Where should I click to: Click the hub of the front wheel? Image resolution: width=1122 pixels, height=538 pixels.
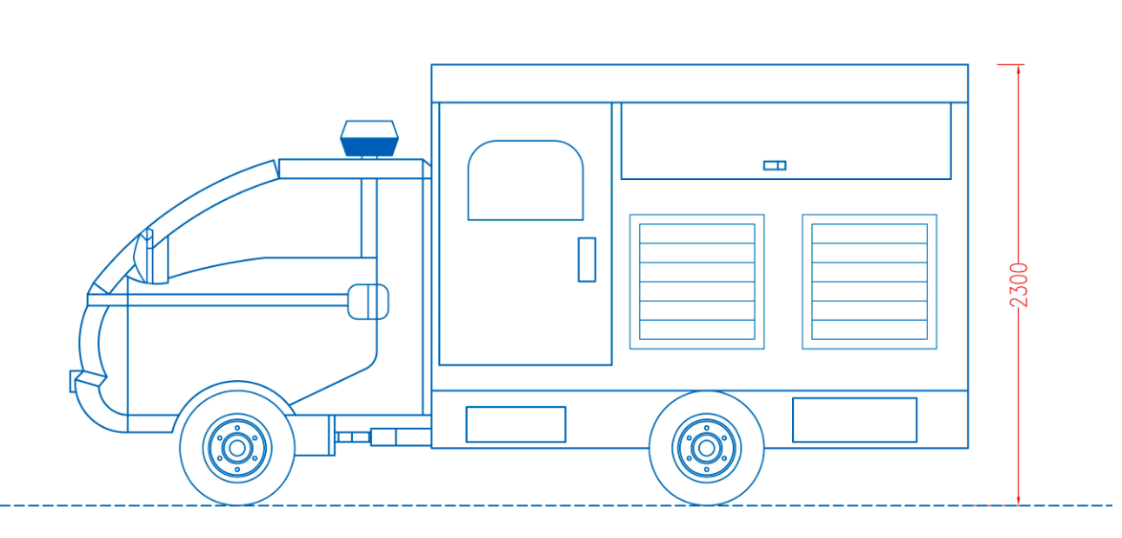click(237, 448)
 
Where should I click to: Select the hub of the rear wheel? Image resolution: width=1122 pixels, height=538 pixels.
click(706, 448)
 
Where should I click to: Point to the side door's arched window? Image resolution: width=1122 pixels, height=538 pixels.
click(525, 180)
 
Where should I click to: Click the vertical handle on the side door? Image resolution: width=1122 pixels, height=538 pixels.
click(586, 259)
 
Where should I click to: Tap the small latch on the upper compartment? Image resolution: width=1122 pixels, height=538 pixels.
click(774, 166)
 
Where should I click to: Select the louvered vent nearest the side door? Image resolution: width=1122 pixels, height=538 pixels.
click(697, 281)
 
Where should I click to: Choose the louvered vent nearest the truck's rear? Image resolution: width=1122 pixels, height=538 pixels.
click(869, 281)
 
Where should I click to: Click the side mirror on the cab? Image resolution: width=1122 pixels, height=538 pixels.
click(368, 302)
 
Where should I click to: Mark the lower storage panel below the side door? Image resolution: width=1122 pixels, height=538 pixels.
click(516, 424)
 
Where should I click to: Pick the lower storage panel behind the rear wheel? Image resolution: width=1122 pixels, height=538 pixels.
click(854, 420)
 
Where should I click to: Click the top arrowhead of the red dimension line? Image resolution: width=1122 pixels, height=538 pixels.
click(1019, 67)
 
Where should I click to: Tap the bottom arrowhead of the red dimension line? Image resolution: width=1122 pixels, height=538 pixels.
click(1019, 503)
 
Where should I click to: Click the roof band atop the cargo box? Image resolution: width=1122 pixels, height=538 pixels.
click(700, 83)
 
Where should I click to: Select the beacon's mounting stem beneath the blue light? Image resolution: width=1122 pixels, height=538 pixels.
click(369, 157)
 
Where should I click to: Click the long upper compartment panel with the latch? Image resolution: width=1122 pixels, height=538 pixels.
click(785, 141)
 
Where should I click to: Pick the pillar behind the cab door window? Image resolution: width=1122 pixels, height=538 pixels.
click(368, 217)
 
